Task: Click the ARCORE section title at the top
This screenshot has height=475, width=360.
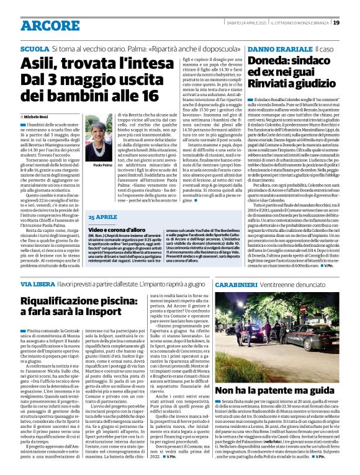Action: [45, 25]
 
